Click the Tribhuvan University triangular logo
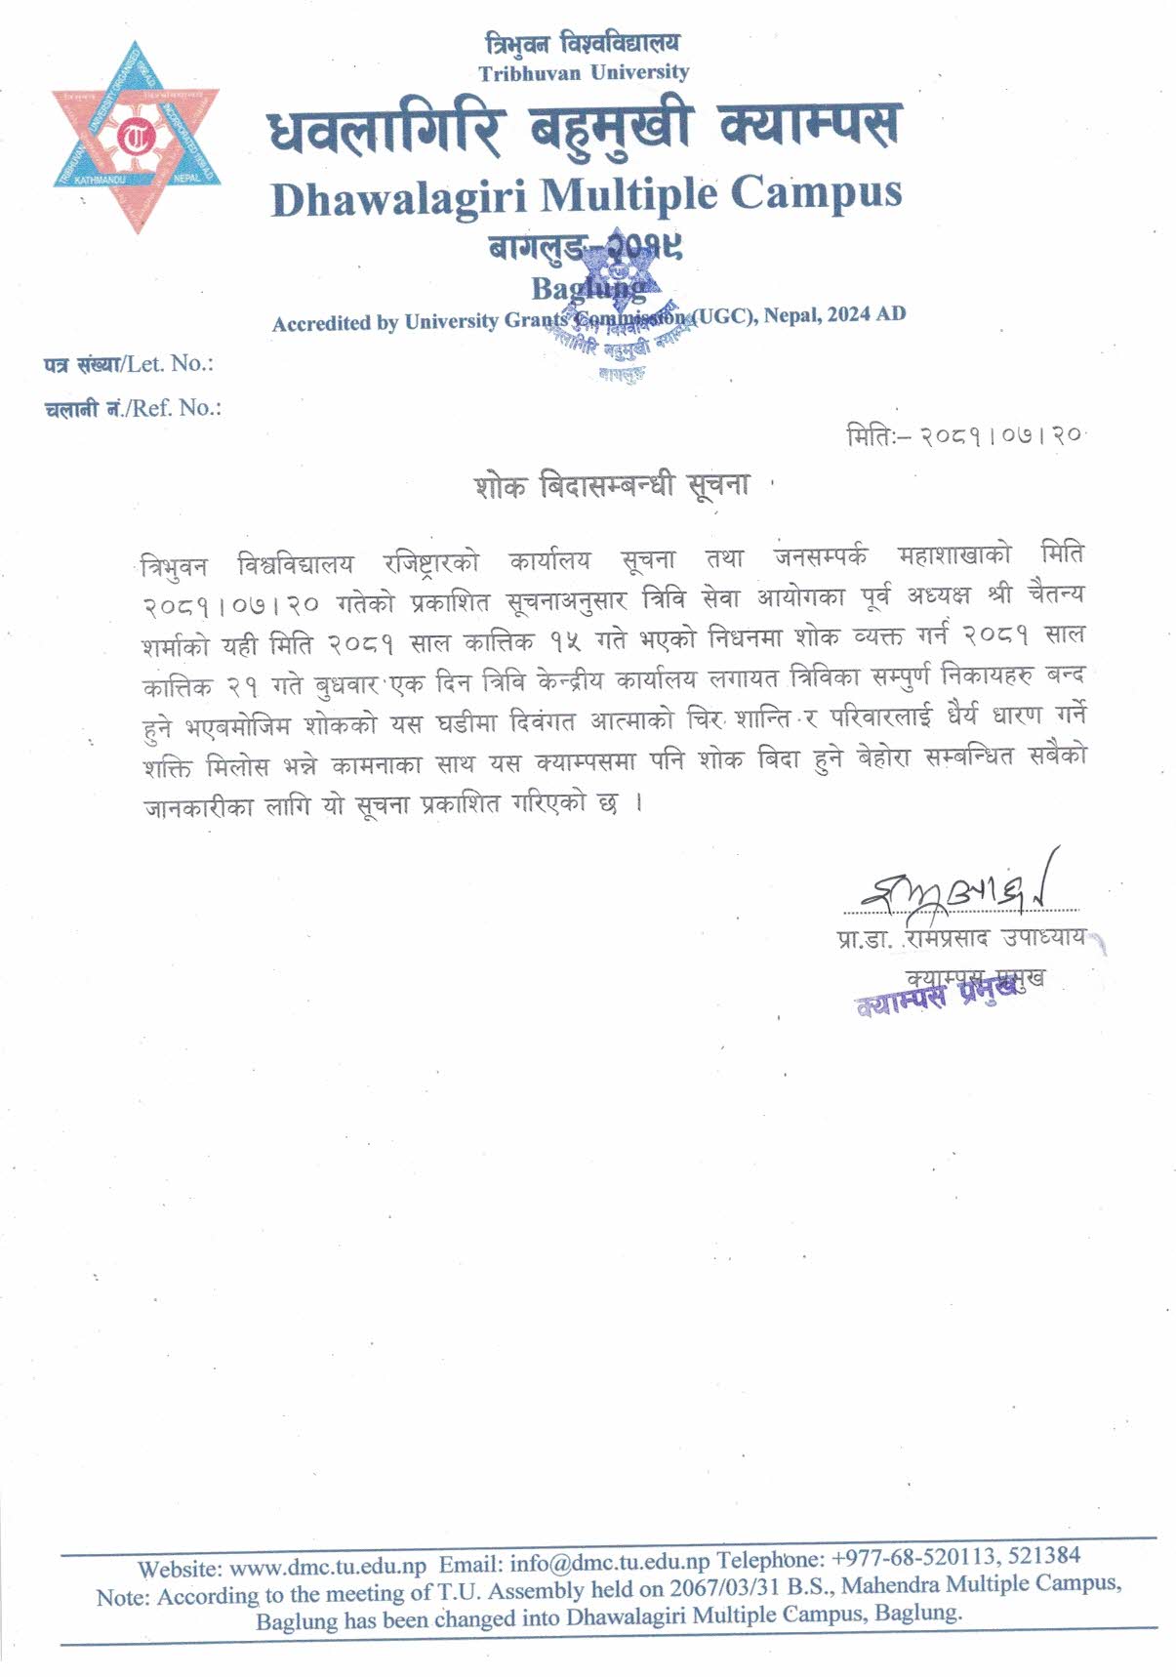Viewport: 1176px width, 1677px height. coord(137,138)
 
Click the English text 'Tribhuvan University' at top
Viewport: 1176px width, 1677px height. coord(584,72)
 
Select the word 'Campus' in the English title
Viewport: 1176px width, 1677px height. coord(815,191)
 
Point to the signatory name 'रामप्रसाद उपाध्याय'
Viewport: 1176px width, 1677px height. coord(995,938)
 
